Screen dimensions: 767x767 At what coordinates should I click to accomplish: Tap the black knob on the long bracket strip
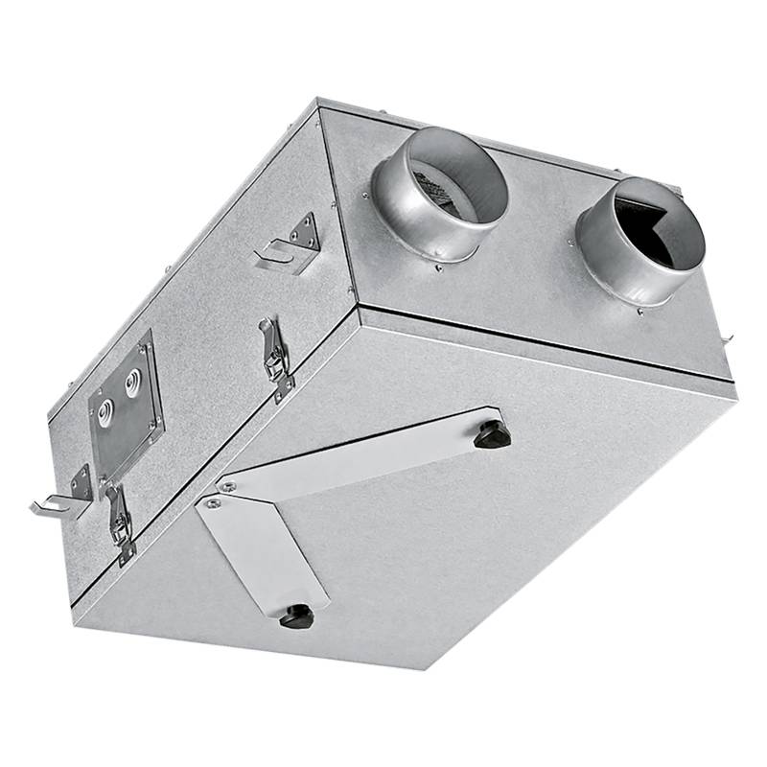coord(492,434)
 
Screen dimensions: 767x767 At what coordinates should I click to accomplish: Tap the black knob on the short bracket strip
coord(296,616)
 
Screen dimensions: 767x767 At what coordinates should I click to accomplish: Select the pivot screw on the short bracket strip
coord(210,501)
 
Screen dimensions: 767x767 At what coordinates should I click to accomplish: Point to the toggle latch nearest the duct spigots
coord(276,357)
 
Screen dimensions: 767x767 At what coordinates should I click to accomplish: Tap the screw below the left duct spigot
coord(438,267)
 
